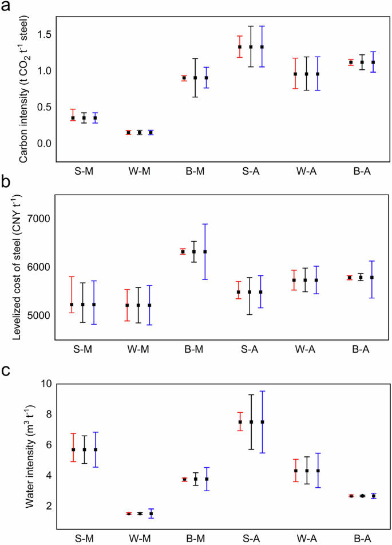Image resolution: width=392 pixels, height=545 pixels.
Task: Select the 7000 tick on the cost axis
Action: coord(39,219)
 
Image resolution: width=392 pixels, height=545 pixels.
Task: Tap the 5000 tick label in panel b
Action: coord(39,315)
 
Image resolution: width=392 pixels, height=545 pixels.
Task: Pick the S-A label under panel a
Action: coord(250,171)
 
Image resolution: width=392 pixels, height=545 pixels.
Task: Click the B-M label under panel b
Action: coord(195,349)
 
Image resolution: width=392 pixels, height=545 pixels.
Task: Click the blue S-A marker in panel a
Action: coord(262,47)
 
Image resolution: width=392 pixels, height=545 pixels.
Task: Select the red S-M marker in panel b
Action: coord(72,305)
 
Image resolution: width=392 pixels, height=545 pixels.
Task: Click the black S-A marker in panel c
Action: coord(250,422)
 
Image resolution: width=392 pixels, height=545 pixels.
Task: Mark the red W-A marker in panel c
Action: coord(295,471)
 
